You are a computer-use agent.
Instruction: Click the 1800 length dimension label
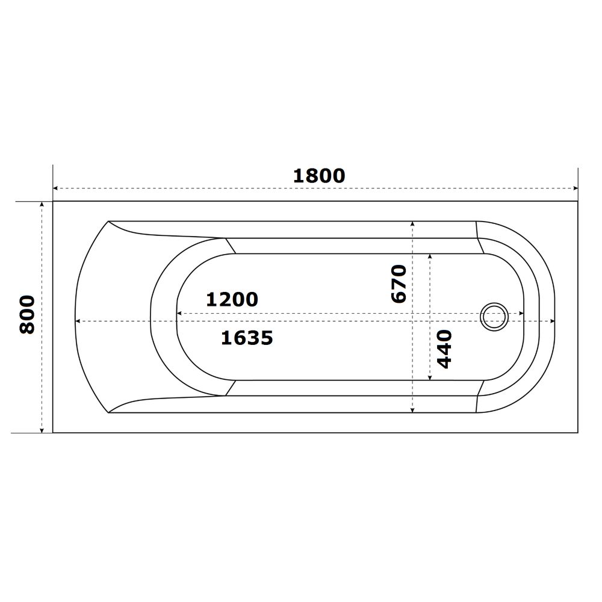pos(319,176)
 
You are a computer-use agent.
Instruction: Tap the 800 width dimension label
pos(27,314)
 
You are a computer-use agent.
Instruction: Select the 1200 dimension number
pos(232,299)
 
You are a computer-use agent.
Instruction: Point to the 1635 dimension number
pos(247,338)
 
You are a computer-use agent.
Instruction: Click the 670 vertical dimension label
pos(399,284)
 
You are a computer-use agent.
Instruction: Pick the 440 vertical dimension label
pos(445,349)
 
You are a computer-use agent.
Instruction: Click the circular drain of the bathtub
pos(494,317)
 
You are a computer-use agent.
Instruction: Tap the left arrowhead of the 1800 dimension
pos(55,188)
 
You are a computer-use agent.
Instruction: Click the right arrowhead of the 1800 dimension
pos(575,188)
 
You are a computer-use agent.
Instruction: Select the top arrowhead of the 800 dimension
pos(42,204)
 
